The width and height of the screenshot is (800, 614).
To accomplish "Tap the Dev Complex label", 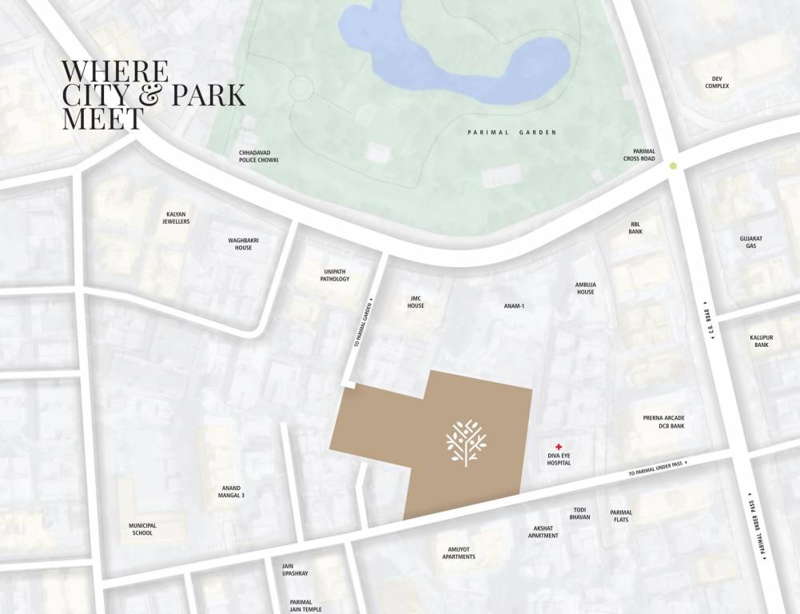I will tap(717, 82).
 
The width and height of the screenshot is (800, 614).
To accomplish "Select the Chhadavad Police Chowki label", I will tap(258, 156).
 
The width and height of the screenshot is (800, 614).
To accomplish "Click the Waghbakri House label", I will tap(244, 244).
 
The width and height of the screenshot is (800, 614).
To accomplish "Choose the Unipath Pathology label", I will tap(335, 275).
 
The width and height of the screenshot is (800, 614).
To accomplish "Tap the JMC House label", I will tap(416, 302).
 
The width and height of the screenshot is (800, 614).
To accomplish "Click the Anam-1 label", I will tap(514, 305).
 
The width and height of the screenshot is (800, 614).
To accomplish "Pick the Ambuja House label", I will tap(586, 288).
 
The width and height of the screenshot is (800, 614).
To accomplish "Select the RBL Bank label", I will tap(635, 228).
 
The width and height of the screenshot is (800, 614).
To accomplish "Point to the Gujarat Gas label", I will tap(750, 241).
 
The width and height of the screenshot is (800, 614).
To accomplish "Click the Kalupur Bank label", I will tap(762, 341).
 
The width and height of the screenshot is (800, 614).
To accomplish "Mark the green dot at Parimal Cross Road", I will tap(673, 166).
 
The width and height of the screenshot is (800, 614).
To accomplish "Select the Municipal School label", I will tap(142, 528).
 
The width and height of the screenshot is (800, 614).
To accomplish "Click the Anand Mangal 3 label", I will tap(232, 492).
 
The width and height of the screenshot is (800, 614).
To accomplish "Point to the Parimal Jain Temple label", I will tap(301, 605).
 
